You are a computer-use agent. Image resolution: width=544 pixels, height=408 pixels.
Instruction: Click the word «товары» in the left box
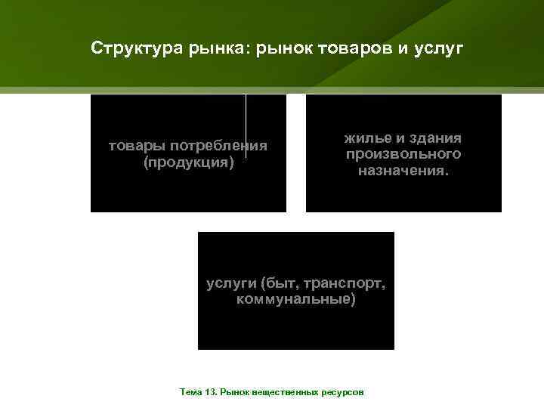coord(137,145)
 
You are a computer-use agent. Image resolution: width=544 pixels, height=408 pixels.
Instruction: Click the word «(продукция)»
coord(188,162)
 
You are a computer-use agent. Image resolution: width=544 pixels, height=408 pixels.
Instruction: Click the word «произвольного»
coord(403,154)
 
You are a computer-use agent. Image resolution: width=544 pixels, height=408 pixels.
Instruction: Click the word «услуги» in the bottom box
coord(230,283)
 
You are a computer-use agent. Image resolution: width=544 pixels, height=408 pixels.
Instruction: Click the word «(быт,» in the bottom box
coord(280,283)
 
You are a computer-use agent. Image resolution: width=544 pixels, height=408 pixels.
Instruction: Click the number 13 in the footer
coord(209,393)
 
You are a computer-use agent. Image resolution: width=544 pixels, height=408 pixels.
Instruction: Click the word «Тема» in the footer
coord(190,393)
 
